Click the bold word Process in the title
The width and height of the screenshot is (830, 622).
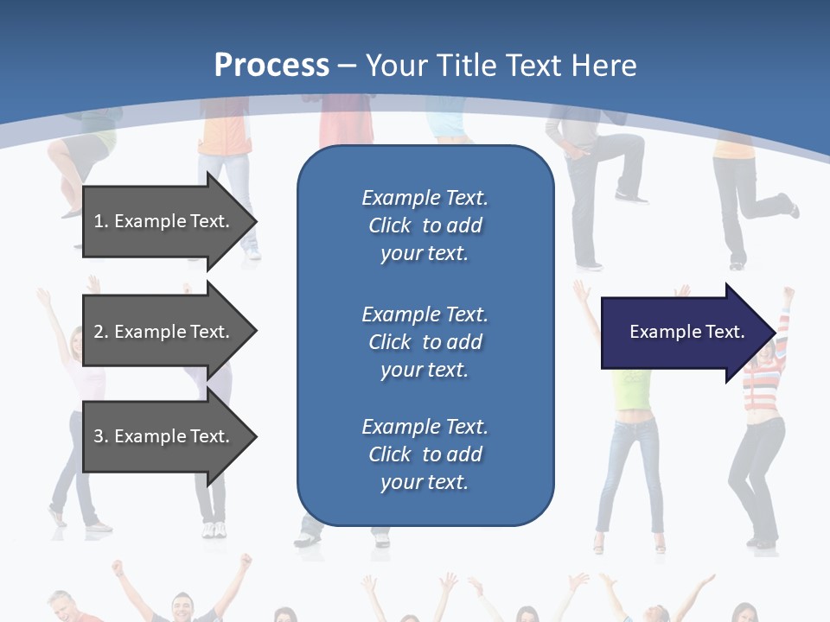[271, 66]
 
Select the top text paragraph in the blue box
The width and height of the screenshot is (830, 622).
[425, 225]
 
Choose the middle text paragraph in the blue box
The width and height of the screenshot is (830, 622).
[425, 342]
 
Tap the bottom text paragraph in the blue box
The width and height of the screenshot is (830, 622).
[425, 454]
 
